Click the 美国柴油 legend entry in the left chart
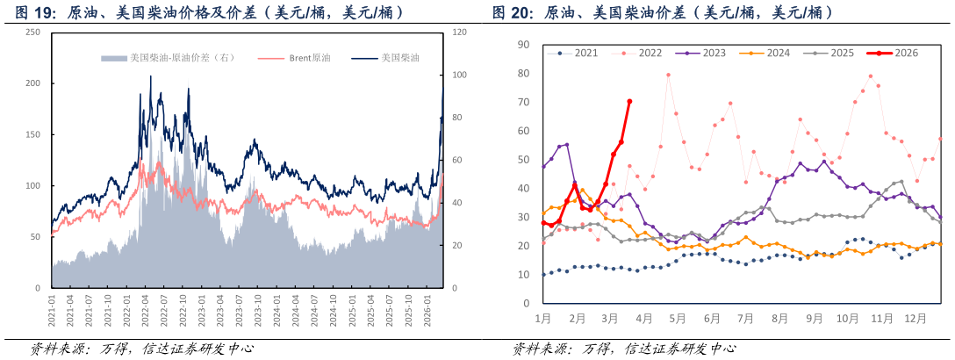pyautogui.click(x=399, y=59)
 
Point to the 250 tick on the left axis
pyautogui.click(x=33, y=32)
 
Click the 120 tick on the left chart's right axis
pyautogui.click(x=459, y=32)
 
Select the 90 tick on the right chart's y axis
pyautogui.click(x=523, y=44)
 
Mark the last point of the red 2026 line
pyautogui.click(x=629, y=101)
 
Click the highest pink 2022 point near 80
pyautogui.click(x=668, y=75)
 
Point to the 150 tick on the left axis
pyautogui.click(x=33, y=134)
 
